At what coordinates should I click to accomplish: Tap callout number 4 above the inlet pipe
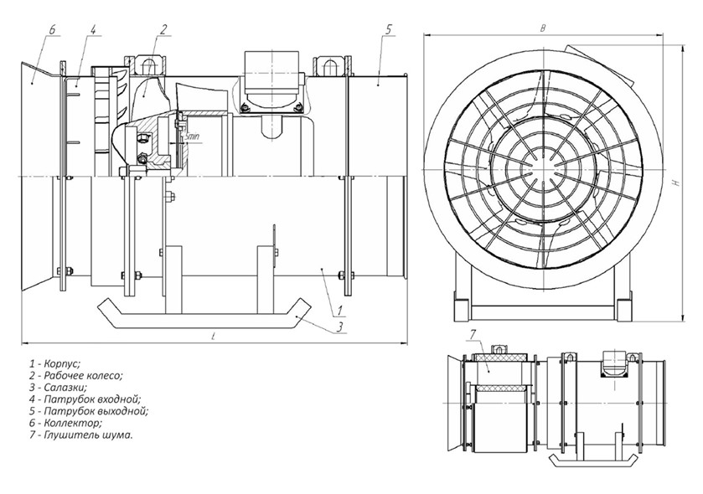tap(92, 30)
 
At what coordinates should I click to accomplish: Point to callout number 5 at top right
tap(389, 30)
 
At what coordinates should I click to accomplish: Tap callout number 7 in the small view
tap(473, 335)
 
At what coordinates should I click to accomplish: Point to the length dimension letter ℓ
tap(215, 335)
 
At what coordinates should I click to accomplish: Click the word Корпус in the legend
tap(63, 364)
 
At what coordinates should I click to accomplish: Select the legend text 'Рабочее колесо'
tap(84, 376)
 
